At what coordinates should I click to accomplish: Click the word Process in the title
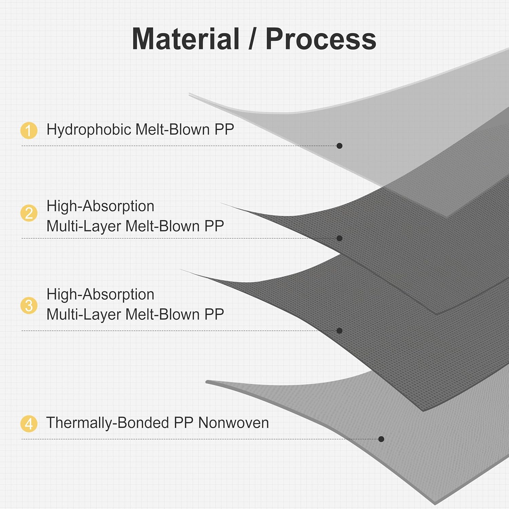coord(321,39)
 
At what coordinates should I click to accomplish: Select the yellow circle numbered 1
coord(29,131)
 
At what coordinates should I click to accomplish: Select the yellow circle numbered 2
coord(29,213)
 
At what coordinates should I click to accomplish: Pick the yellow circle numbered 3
coord(29,305)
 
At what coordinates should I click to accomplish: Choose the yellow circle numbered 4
coord(29,423)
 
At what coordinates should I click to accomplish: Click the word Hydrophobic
coord(89,130)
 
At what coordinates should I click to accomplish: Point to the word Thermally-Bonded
coord(107,423)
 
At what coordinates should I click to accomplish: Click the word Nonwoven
coord(233,423)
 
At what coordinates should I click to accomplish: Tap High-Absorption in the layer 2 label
coord(100,206)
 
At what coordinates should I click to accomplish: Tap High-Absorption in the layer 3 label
coord(100,295)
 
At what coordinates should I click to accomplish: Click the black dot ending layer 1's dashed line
coord(339,146)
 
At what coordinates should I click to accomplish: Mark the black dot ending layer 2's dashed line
coord(339,238)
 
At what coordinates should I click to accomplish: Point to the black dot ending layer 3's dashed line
coord(339,331)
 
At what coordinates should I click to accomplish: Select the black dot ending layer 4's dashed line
coord(381,439)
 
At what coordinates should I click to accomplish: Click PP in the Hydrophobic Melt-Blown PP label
coord(224,130)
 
